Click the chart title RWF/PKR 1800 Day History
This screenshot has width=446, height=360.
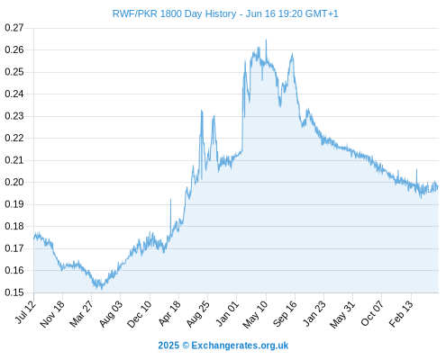174,13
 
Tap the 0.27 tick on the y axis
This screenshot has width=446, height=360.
14,28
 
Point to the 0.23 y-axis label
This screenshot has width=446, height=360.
14,116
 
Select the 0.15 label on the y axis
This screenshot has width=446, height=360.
14,292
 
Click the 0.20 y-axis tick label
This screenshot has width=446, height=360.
14,182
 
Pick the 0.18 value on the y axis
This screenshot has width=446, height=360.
14,226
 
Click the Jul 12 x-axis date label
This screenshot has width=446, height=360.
25,312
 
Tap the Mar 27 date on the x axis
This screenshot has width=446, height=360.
82,314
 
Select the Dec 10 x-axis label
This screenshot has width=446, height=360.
140,314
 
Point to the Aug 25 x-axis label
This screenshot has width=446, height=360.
198,314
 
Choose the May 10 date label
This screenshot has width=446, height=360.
255,314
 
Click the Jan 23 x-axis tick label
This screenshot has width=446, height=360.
314,313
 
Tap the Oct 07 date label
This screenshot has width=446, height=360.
372,313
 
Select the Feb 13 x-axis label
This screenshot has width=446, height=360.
401,314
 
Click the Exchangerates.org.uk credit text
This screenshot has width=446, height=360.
240,346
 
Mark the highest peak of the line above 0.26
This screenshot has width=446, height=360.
266,40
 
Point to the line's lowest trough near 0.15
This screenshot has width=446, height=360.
102,289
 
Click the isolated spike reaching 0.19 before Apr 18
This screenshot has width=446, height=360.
170,200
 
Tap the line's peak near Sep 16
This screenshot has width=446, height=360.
292,54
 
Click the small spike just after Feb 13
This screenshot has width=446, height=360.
416,169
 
